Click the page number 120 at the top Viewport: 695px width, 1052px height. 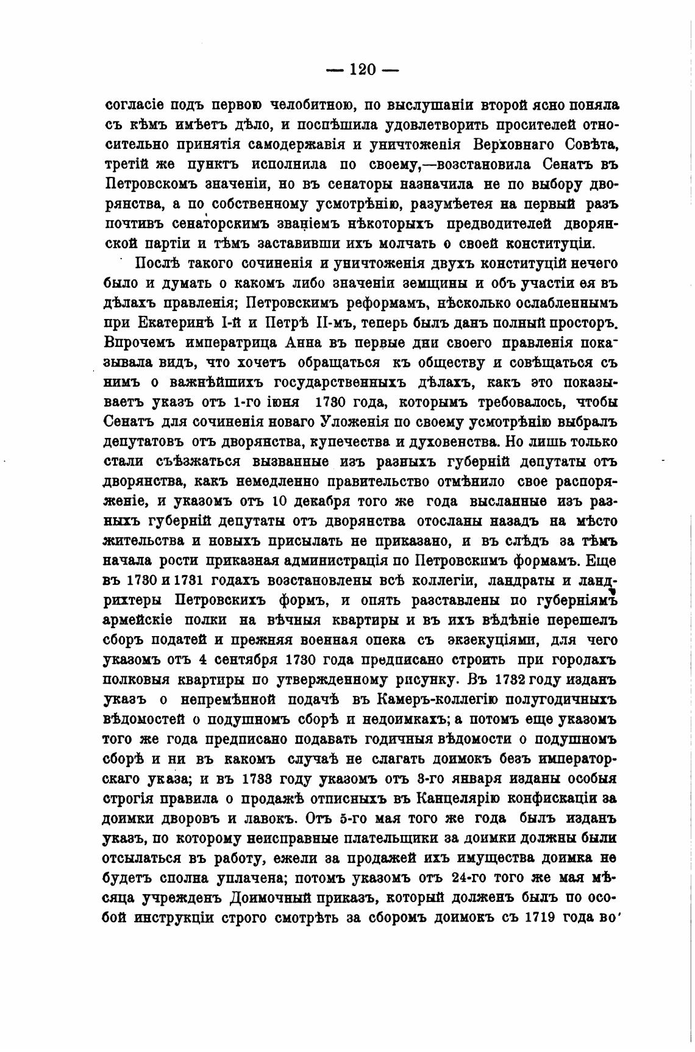coord(362,70)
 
